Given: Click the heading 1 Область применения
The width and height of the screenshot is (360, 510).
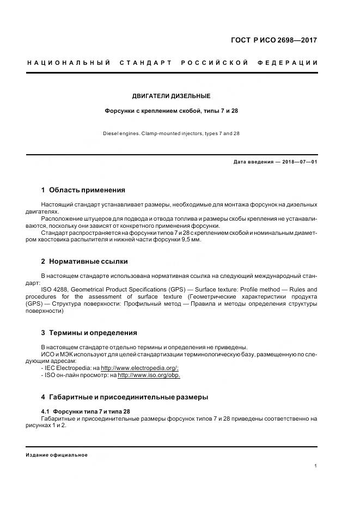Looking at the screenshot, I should point(83,190).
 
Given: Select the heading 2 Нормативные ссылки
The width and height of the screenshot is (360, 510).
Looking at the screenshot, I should point(84,262).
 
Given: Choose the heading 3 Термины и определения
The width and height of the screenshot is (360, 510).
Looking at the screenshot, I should point(89,332).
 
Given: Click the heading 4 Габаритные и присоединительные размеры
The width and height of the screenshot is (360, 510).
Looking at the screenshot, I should point(125,397).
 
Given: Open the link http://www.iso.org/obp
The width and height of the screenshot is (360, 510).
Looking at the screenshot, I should point(149,375).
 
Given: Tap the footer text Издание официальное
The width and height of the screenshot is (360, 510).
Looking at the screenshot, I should point(57,454).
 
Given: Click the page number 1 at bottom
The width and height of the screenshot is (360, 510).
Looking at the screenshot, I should point(316,466).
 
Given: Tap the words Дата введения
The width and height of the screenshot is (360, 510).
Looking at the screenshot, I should point(252,162).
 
